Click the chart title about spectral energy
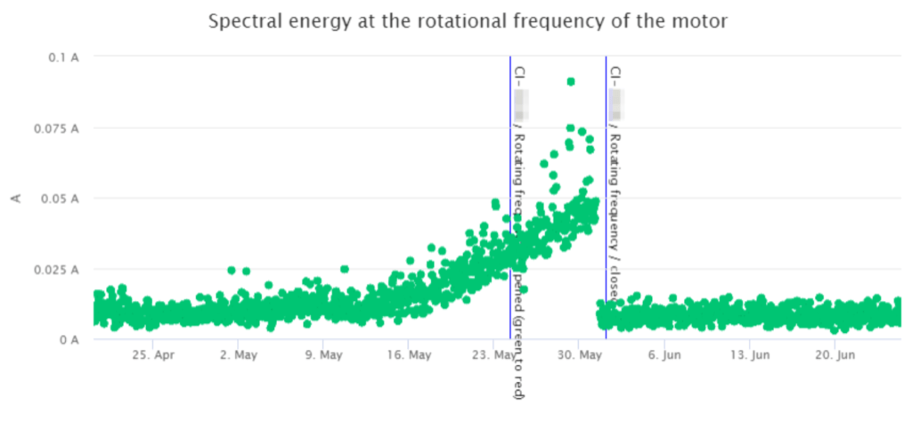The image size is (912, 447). (x=468, y=20)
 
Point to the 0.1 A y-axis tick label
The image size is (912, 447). (x=64, y=57)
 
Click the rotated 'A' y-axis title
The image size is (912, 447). (x=15, y=198)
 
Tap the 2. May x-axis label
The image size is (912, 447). (x=238, y=355)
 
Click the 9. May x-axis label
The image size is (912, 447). (x=322, y=355)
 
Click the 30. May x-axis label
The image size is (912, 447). (x=578, y=355)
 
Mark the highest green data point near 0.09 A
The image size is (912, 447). (x=571, y=82)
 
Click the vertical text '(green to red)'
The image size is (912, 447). (x=520, y=356)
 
